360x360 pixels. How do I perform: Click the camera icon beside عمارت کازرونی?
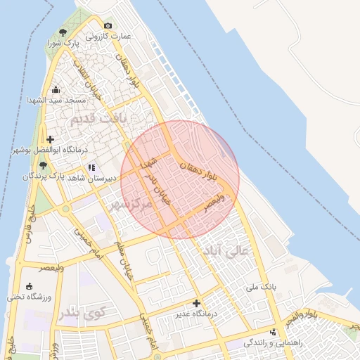click(108, 26)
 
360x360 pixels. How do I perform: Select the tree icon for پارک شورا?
click(63, 32)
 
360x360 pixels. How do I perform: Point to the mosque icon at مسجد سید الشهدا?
click(56, 89)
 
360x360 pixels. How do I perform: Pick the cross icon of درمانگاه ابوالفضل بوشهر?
click(50, 139)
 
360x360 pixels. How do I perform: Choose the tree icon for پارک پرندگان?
click(43, 165)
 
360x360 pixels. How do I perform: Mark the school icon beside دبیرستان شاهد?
click(92, 168)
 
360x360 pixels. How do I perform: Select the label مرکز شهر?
click(131, 205)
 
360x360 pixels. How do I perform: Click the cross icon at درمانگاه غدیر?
click(196, 303)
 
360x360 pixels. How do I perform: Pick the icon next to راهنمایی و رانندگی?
click(273, 332)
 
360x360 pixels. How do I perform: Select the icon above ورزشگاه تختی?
click(29, 286)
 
